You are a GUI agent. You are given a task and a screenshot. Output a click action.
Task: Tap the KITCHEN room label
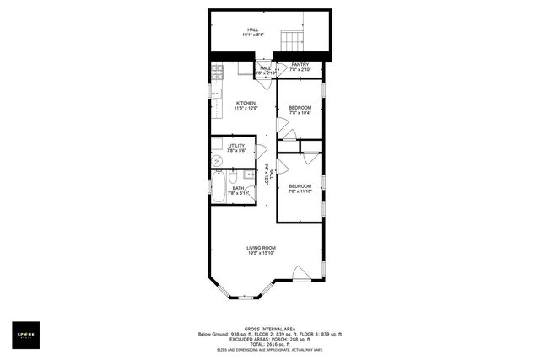(x=246, y=103)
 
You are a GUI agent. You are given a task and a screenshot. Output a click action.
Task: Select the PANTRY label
(x=300, y=64)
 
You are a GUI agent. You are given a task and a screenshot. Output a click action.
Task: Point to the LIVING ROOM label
(x=261, y=247)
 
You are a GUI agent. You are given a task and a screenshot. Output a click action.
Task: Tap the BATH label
(x=227, y=188)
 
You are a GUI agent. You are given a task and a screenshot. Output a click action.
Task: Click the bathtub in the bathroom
(x=217, y=189)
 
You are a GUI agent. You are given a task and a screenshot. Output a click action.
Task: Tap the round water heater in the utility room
(x=216, y=160)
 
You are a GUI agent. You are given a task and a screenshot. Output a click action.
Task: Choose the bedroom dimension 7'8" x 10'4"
(x=300, y=112)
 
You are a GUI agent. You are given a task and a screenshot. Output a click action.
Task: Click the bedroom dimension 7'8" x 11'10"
(x=300, y=191)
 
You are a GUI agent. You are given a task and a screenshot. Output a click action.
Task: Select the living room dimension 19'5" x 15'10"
(x=261, y=253)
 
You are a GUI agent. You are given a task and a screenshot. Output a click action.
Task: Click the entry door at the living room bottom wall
(x=299, y=273)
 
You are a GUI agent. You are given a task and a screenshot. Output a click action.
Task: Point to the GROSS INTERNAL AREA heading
(x=269, y=329)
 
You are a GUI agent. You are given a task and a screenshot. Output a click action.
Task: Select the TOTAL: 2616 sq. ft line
(x=269, y=344)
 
